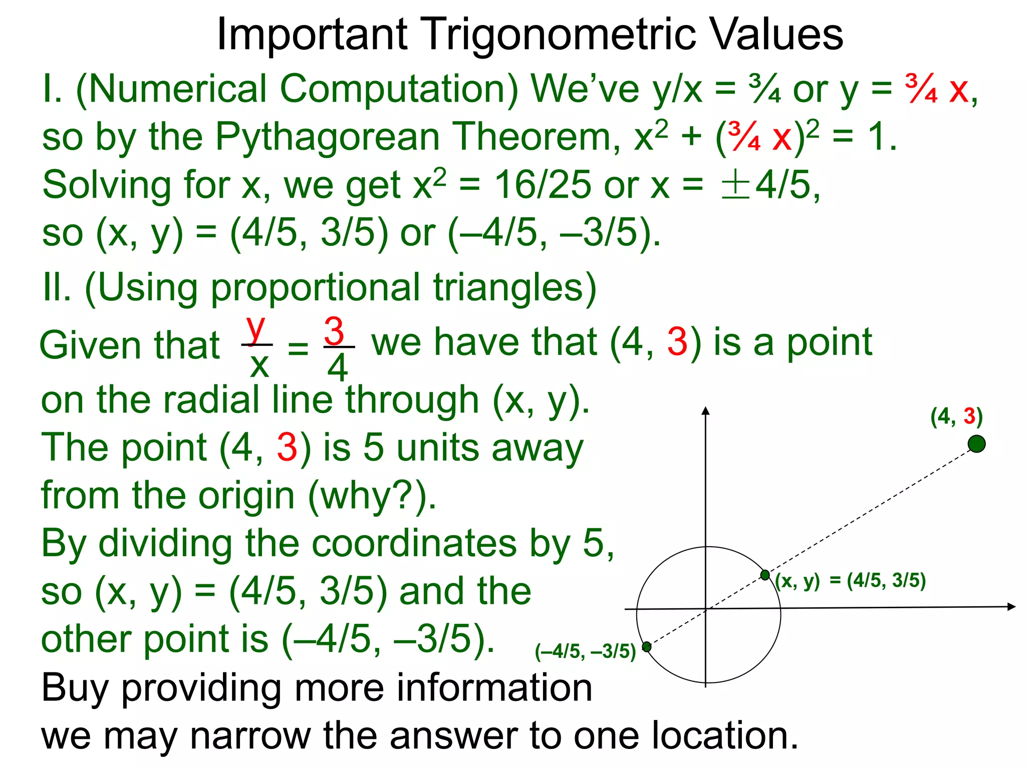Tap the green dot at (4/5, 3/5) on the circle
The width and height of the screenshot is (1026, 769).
(x=765, y=575)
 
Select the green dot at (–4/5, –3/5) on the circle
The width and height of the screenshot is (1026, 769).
(x=647, y=647)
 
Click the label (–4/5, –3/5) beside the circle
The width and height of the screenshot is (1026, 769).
(x=585, y=651)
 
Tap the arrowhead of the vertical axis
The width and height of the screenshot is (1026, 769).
(x=706, y=412)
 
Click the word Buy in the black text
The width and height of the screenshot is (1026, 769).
(x=75, y=689)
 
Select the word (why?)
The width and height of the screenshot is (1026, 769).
(x=372, y=496)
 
